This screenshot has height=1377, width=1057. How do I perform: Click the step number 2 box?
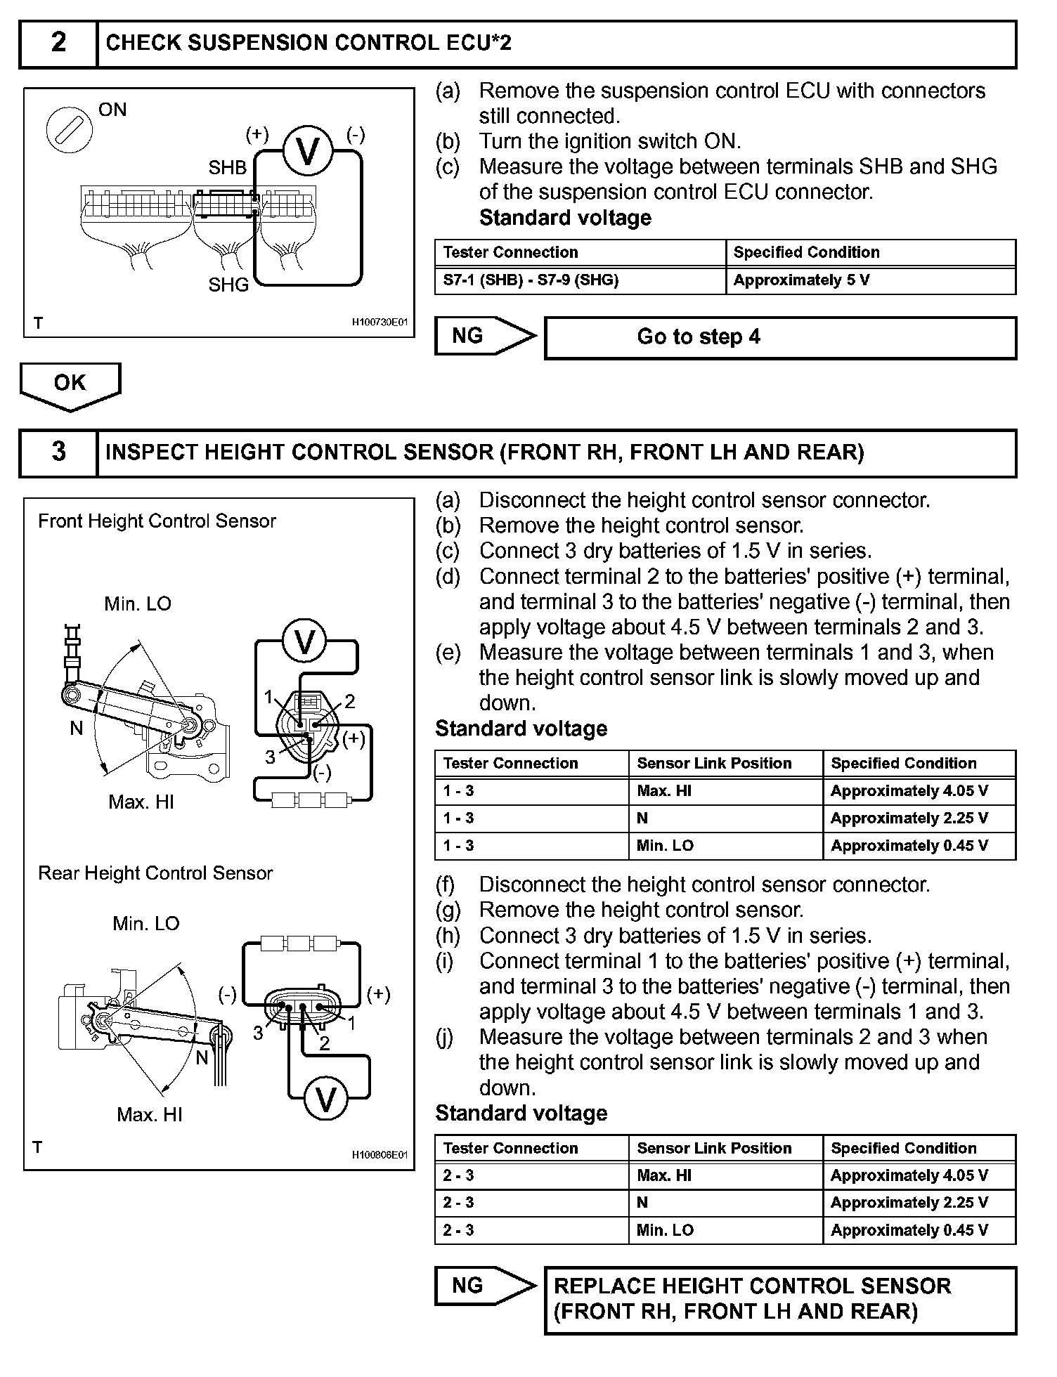(x=58, y=44)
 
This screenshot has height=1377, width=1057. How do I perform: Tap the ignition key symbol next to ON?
(x=69, y=131)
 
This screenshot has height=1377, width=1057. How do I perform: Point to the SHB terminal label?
(x=227, y=168)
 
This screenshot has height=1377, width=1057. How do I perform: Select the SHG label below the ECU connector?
(x=228, y=285)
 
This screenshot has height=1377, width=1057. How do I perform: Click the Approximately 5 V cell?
(x=801, y=280)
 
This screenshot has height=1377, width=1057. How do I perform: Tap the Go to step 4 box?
(x=780, y=337)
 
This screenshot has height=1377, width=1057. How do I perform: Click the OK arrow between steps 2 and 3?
(x=70, y=385)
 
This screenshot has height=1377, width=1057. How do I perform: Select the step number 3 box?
(x=58, y=452)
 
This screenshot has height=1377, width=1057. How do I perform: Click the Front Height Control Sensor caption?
(x=157, y=521)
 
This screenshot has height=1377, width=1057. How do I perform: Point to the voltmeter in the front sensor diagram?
(x=305, y=642)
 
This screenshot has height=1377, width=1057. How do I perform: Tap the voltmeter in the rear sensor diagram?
(x=325, y=1099)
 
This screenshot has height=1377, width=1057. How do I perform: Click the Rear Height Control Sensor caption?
(x=155, y=873)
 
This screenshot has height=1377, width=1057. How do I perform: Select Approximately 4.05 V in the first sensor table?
(x=909, y=791)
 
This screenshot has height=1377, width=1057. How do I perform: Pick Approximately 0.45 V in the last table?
(x=909, y=1230)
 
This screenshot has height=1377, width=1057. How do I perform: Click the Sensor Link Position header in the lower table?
(x=714, y=1148)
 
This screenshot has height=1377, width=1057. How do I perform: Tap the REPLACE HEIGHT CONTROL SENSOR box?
(x=780, y=1298)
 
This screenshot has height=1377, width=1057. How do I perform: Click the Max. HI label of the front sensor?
(x=141, y=802)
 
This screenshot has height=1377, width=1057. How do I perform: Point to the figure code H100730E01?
(x=380, y=322)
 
